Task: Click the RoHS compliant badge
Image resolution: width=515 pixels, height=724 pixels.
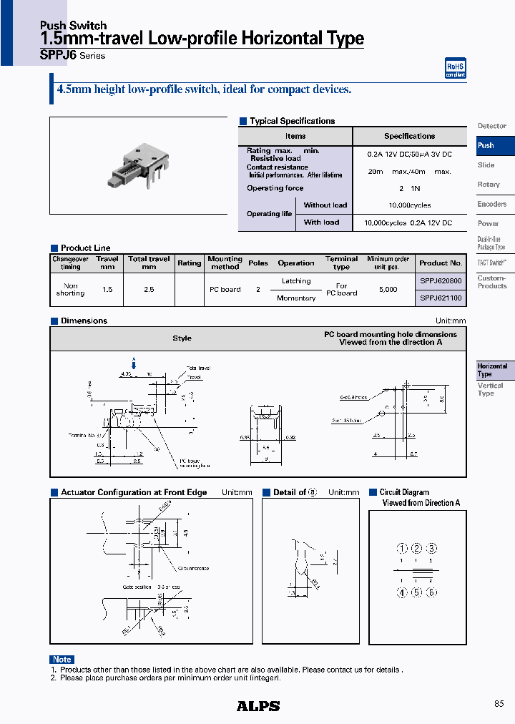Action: [x=455, y=68]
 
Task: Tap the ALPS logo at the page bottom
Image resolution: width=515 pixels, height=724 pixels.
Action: [x=258, y=706]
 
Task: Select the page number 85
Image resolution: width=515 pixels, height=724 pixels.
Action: [x=499, y=704]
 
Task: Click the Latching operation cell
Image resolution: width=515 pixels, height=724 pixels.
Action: [x=296, y=281]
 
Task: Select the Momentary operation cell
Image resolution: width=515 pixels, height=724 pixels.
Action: [x=296, y=298]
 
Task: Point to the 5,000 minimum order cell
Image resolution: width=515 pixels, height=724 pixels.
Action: [x=388, y=290]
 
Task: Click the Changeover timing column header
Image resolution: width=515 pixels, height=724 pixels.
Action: [x=70, y=263]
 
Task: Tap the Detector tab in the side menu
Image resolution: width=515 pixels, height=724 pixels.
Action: [x=491, y=126]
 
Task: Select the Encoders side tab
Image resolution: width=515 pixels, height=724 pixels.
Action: [x=492, y=204]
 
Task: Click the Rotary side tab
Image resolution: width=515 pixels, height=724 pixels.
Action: [x=489, y=185]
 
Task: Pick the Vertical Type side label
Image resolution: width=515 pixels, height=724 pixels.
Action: [x=490, y=389]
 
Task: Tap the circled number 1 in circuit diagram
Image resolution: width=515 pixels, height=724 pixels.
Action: [x=403, y=549]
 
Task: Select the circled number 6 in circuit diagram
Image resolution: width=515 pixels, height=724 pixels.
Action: [x=431, y=592]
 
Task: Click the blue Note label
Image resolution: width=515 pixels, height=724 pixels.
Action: [x=62, y=659]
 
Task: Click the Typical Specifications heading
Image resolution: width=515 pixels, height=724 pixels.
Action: [x=292, y=121]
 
